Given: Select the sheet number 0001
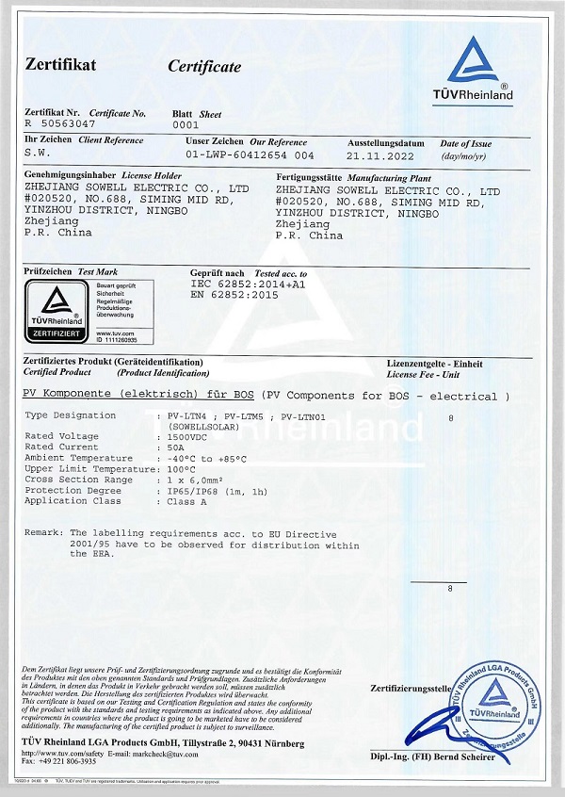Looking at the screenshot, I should point(187,123).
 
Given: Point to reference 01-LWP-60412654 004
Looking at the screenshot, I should point(250,153).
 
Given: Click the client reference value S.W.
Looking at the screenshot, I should point(38,152).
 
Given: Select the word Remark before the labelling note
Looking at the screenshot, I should point(43,533).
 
